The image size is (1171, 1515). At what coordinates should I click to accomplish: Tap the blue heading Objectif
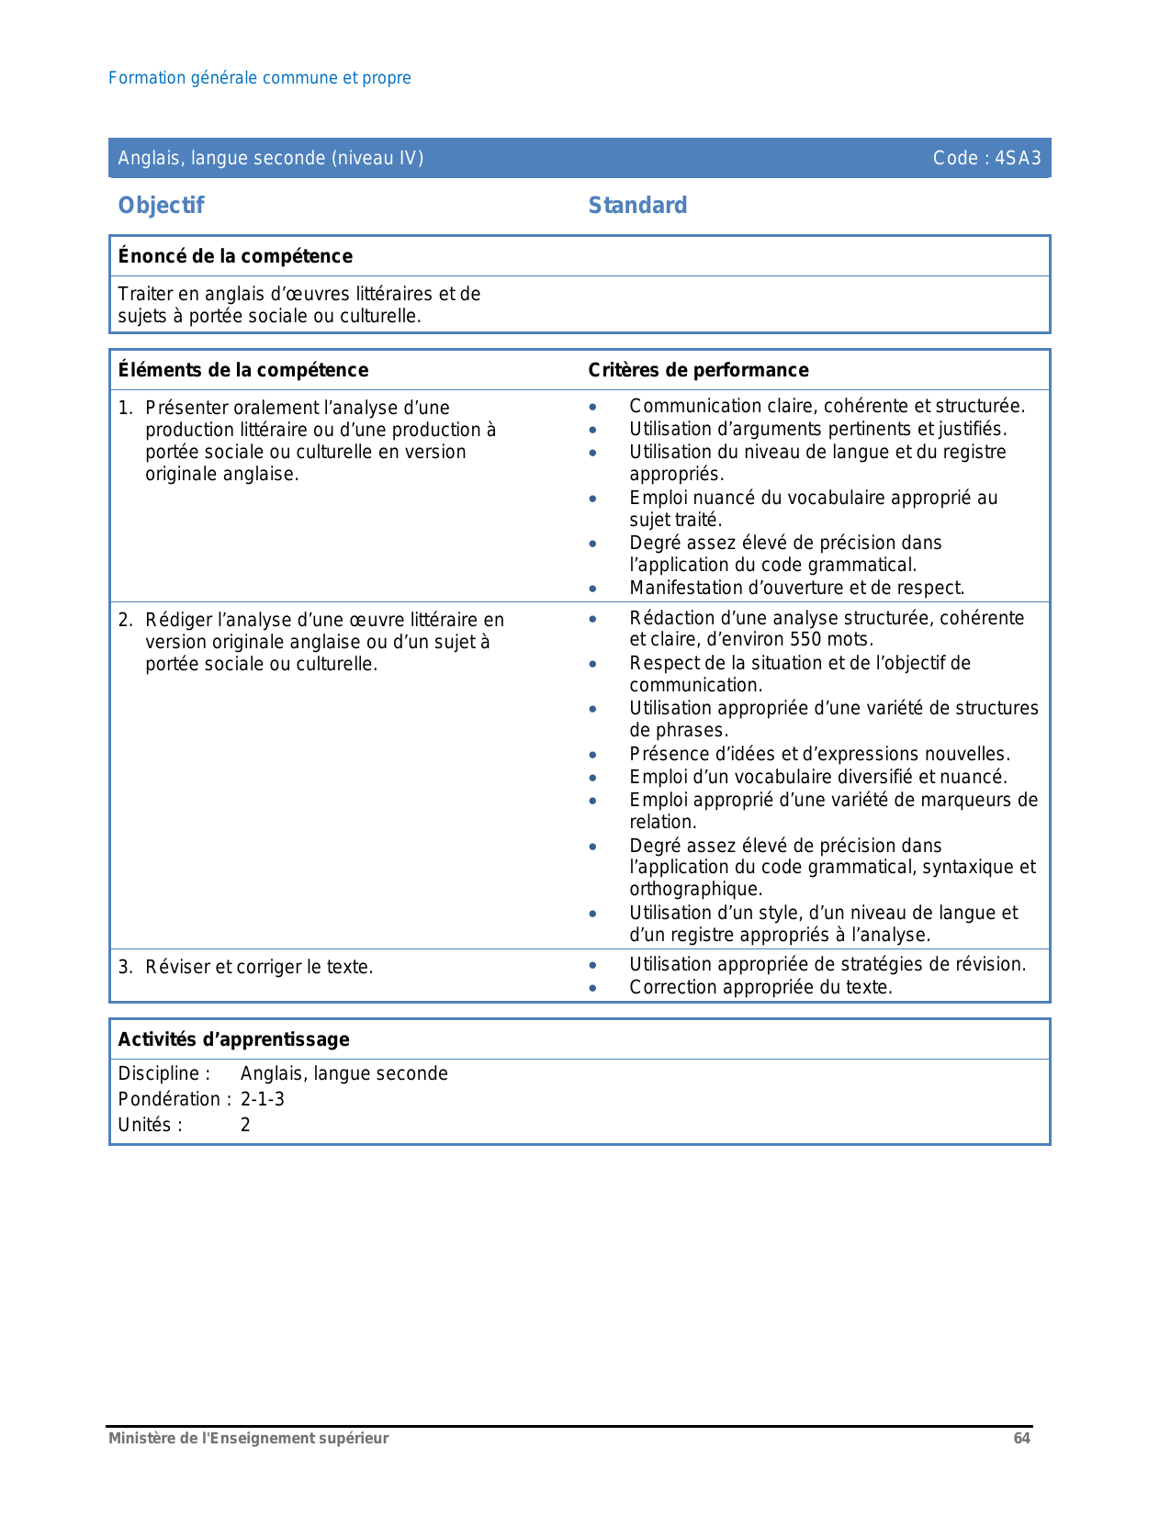click(x=161, y=205)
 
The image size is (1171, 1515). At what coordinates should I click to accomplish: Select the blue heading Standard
click(x=637, y=205)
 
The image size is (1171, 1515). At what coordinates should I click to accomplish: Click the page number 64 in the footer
click(x=1021, y=1439)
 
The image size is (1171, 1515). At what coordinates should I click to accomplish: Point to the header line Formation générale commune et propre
click(x=260, y=78)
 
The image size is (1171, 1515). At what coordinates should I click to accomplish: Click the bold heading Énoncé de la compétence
click(x=235, y=256)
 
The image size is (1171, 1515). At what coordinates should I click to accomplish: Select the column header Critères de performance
click(x=698, y=370)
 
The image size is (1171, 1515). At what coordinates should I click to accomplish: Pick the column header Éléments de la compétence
click(x=243, y=370)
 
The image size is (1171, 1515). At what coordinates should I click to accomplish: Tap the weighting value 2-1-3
click(x=263, y=1099)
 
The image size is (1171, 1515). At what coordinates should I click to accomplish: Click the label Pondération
click(x=169, y=1099)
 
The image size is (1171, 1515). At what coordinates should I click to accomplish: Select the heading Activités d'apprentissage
click(x=234, y=1039)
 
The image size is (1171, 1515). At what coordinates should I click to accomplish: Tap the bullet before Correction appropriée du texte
click(x=593, y=989)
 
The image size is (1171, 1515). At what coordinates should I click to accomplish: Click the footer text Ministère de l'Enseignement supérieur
click(x=249, y=1439)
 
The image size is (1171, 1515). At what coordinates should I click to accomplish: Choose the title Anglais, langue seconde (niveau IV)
click(x=271, y=158)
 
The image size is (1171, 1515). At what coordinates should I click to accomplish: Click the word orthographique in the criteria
click(x=695, y=890)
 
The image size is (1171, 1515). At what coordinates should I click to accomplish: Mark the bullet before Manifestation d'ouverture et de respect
click(x=593, y=589)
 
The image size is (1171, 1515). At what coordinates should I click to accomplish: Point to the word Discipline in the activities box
click(x=160, y=1073)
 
